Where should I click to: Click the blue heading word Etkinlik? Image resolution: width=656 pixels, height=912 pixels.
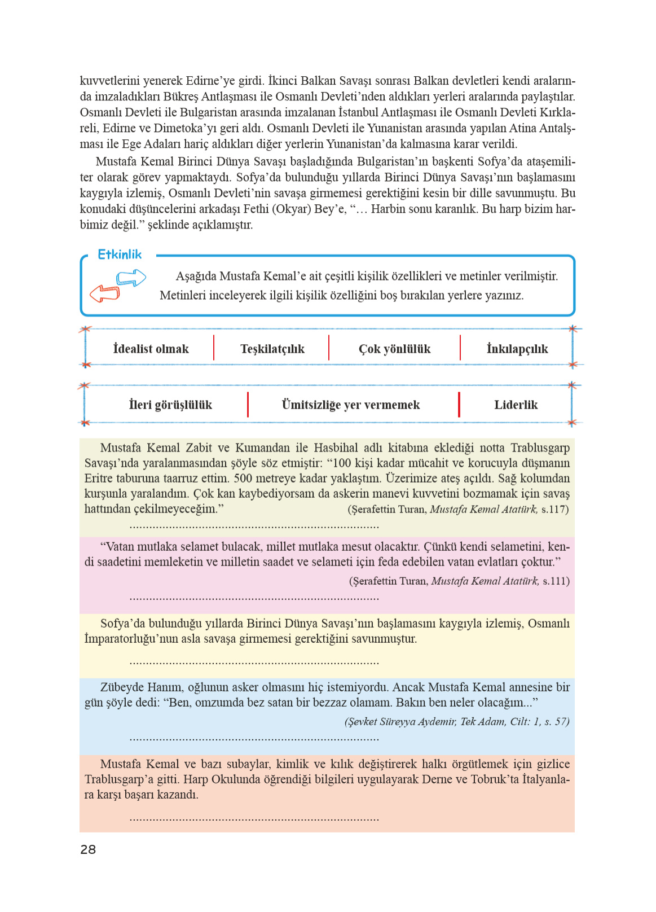pos(120,255)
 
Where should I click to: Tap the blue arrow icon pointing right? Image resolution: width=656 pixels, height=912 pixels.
pos(131,278)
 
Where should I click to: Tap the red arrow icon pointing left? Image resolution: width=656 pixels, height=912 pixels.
pos(105,293)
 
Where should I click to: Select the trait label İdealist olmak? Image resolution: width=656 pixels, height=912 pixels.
pos(151,349)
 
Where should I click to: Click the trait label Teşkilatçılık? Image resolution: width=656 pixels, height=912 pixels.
pos(272,349)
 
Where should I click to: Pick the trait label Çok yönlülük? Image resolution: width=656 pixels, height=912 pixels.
pos(394,349)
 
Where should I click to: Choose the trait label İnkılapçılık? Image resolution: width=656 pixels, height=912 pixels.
pos(517,349)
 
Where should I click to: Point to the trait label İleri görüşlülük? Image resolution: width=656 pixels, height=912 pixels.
pos(170,405)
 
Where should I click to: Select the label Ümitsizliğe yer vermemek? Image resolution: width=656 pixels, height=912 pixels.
pos(350,405)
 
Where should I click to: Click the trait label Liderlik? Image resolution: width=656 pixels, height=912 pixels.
pos(516,405)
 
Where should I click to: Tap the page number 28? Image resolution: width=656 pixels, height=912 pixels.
pos(88,849)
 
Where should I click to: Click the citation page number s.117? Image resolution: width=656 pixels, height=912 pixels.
pos(554,509)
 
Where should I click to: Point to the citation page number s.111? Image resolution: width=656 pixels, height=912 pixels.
pos(556,581)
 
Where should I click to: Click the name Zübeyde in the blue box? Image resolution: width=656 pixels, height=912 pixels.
pos(121,687)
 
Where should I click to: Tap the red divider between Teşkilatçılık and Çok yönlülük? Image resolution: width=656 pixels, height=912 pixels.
pos(329,348)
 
